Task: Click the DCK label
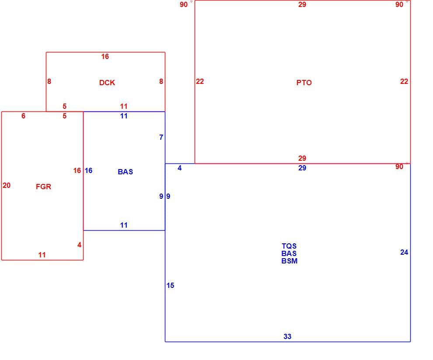point(107,83)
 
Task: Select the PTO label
point(304,83)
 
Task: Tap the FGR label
point(44,187)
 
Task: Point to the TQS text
point(289,246)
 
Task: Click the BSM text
point(290,261)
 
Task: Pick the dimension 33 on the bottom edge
point(287,336)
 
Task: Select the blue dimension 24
point(404,252)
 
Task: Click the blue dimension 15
point(171,285)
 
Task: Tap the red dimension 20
point(7,185)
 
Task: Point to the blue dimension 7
point(161,137)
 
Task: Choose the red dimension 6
point(24,116)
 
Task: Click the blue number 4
point(180,168)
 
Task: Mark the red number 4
point(80,245)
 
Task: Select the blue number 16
point(89,170)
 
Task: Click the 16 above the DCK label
point(105,56)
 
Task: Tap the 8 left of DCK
point(49,81)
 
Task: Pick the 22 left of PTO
point(200,81)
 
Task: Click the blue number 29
point(302,168)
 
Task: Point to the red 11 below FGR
point(42,255)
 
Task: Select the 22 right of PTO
point(404,81)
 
